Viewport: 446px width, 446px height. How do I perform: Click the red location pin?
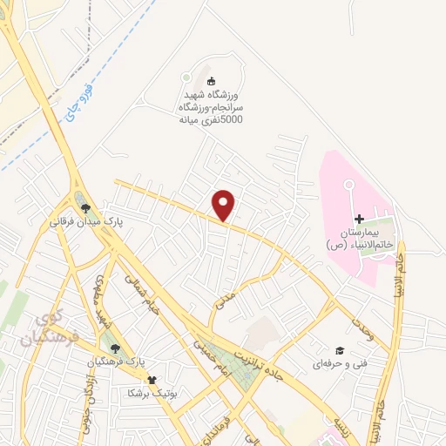[x=225, y=205]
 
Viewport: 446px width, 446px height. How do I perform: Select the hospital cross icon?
[x=358, y=218]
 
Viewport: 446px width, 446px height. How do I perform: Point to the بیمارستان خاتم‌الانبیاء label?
[x=358, y=236]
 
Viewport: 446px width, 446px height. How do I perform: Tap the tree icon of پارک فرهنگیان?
[x=116, y=348]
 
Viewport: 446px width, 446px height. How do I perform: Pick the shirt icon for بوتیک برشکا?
[x=153, y=380]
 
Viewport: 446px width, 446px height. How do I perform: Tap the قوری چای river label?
[x=76, y=99]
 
